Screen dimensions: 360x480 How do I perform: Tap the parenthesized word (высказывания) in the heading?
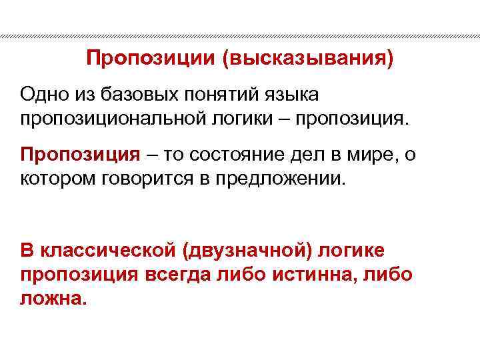pyautogui.click(x=308, y=60)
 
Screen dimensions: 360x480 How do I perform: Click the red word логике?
pyautogui.click(x=354, y=250)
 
